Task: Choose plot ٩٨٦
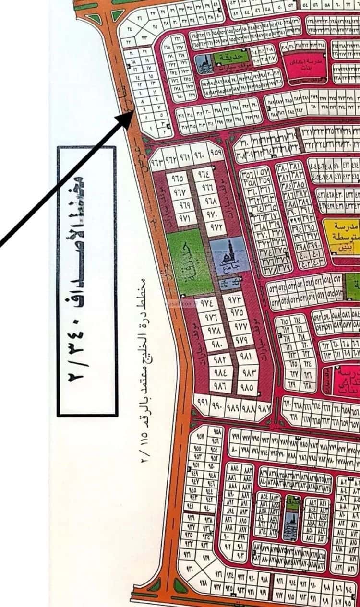[x=219, y=385]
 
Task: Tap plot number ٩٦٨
[x=210, y=201]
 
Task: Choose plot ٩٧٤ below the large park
[x=207, y=303]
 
